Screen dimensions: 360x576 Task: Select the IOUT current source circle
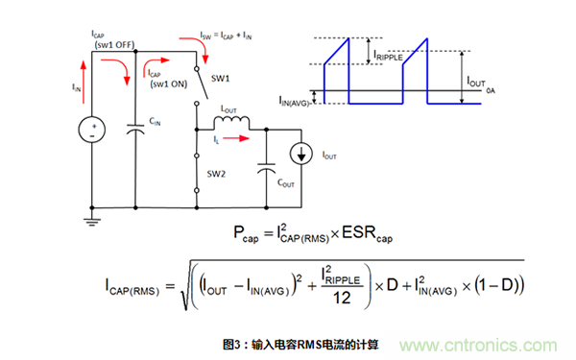tap(304, 153)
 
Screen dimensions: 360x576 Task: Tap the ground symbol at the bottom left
tap(92, 220)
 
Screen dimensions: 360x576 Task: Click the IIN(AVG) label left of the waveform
tap(299, 100)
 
